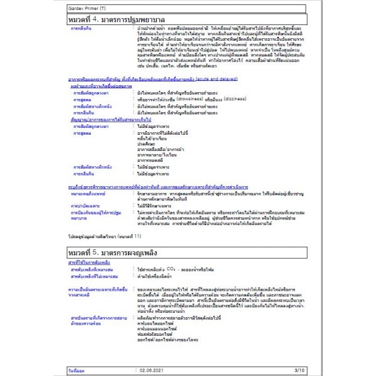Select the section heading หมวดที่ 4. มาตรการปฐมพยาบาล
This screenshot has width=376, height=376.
(117, 21)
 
